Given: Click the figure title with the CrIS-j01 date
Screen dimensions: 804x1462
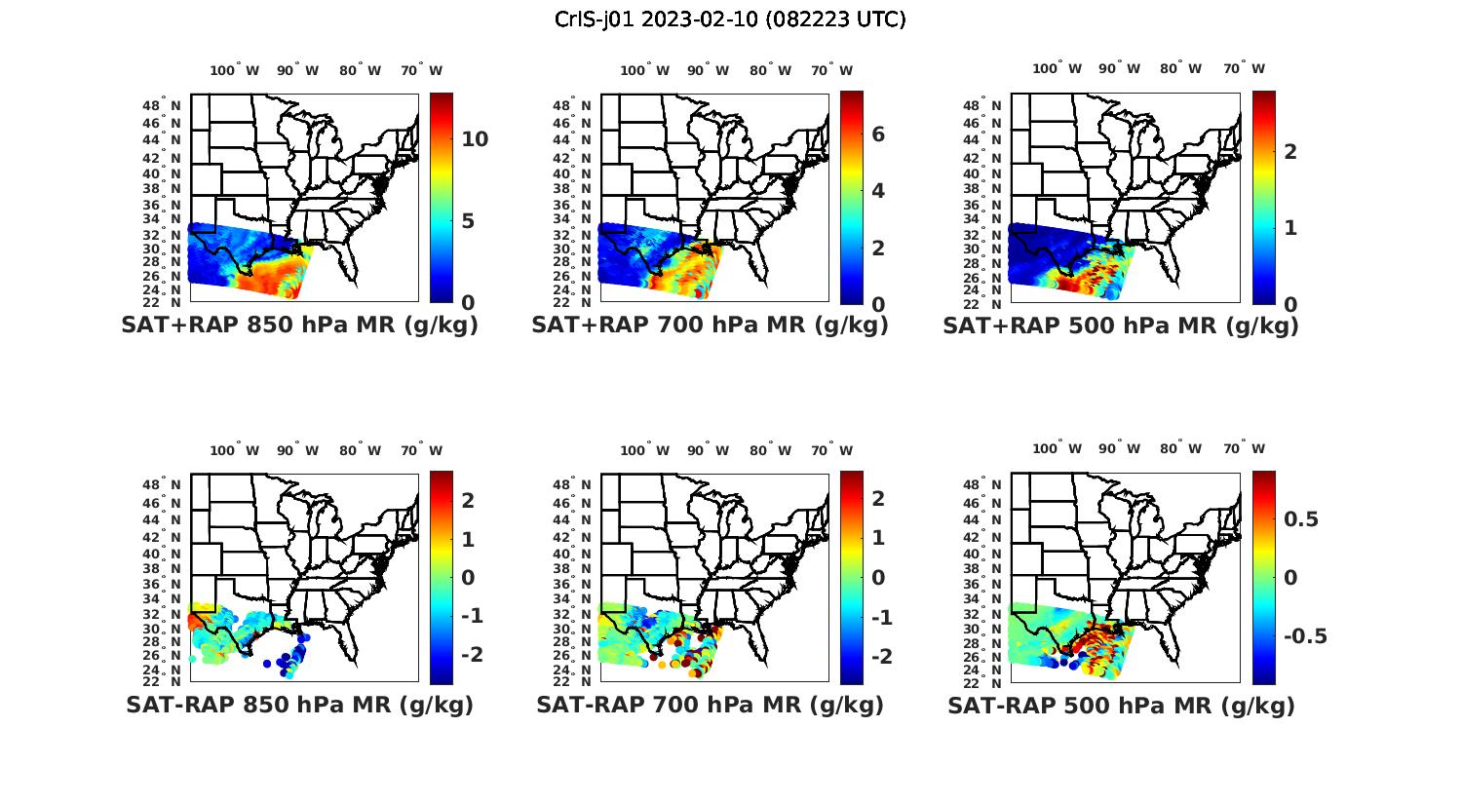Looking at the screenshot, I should pos(730,19).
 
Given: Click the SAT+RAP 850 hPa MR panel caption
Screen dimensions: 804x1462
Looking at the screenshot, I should pos(299,325).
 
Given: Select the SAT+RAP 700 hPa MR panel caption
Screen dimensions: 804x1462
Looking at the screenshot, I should pos(710,325).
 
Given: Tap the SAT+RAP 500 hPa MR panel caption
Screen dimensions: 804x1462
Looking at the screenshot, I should pos(1121,326).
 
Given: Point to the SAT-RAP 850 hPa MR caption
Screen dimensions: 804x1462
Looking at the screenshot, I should pos(299,706).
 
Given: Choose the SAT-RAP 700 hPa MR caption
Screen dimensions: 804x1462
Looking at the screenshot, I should pos(710,706).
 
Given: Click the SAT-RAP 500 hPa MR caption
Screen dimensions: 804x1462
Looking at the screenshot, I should pos(1121,707).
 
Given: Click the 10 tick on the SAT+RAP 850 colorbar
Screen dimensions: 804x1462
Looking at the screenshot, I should pos(475,139).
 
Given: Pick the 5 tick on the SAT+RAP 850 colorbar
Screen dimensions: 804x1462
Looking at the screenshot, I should pos(468,221).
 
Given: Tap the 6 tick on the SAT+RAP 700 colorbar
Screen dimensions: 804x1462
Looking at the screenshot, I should pos(878,134).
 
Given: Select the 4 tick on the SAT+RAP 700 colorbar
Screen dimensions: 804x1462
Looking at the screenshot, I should pos(878,191).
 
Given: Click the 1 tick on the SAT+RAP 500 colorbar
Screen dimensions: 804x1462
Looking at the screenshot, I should pos(1290,228).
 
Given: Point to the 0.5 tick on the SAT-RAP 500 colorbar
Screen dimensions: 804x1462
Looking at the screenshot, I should pos(1301,519).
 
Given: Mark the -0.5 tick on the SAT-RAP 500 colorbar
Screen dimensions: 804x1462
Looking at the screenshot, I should pos(1305,636).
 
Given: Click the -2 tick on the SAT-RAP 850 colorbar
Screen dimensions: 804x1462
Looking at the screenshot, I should pos(472,654).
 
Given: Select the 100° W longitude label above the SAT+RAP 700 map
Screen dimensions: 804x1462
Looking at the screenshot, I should pos(644,70).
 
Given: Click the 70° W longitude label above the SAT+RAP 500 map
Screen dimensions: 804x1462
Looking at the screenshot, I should pos(1245,68).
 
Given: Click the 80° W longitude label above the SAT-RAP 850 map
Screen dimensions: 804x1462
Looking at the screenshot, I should pos(360,450).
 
